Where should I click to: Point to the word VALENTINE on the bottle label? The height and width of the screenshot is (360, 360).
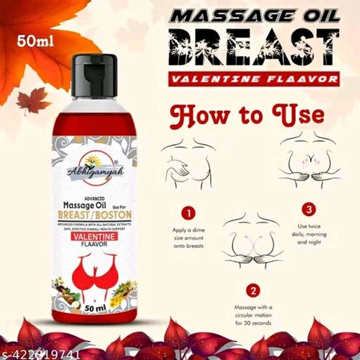click(97, 238)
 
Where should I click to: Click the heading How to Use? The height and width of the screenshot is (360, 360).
click(247, 115)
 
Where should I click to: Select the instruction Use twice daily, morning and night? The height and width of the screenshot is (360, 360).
click(312, 234)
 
